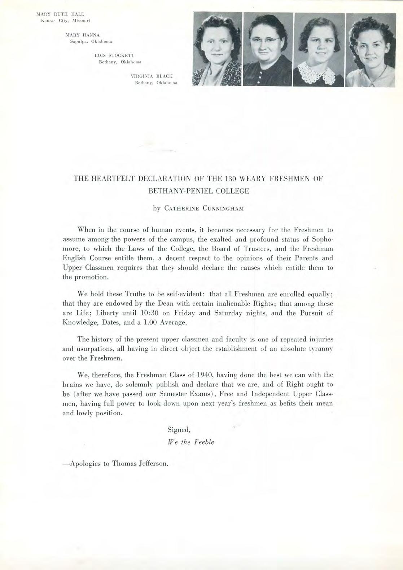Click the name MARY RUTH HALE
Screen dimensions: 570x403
point(60,14)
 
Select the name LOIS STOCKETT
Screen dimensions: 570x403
point(114,56)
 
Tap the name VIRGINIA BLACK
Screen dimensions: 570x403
point(152,76)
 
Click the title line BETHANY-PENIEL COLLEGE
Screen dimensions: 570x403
point(199,191)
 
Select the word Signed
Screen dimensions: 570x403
point(179,429)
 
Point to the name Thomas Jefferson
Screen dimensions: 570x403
point(140,463)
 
